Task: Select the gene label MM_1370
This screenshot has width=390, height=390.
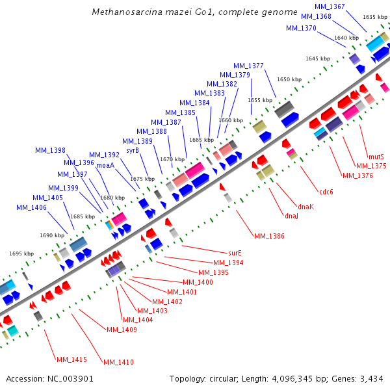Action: (301, 28)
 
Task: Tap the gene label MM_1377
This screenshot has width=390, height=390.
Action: (248, 66)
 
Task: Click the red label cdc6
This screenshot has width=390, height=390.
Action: (326, 192)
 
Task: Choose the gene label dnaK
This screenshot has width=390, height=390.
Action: (305, 207)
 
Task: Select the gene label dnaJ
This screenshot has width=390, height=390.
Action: (291, 216)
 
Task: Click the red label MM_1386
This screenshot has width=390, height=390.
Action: (269, 236)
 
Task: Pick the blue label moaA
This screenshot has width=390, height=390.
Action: (105, 165)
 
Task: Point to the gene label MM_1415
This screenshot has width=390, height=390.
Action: (71, 359)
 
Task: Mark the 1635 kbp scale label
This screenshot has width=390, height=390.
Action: (375, 17)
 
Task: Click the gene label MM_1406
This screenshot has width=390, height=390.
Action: (31, 207)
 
